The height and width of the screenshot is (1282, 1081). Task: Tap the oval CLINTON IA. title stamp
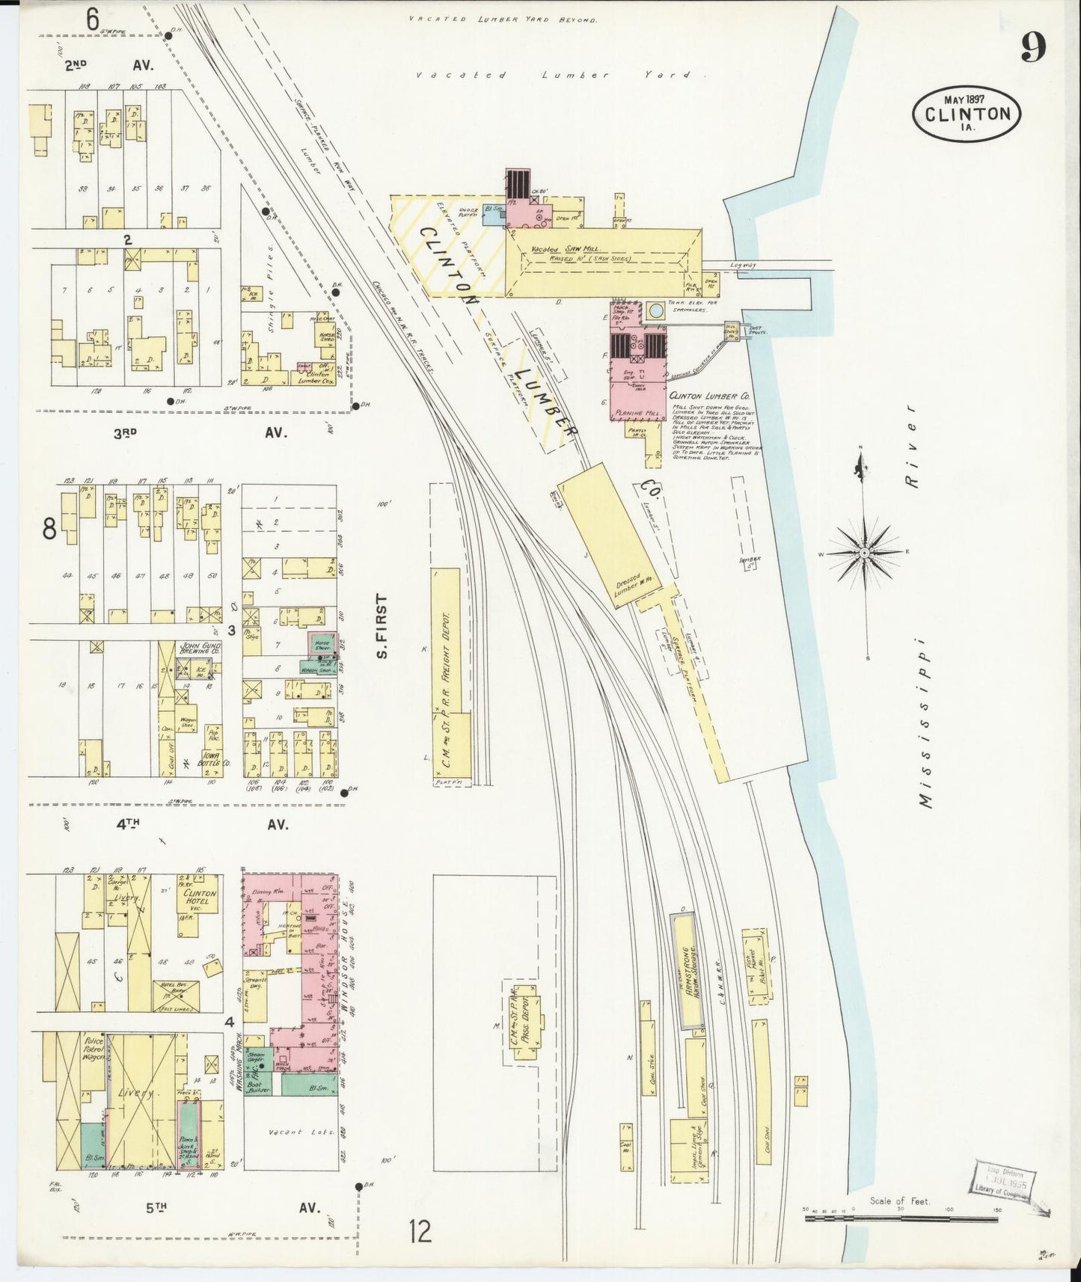(966, 113)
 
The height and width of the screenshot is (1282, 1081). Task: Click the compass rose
(865, 553)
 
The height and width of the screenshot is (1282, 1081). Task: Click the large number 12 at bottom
(420, 1230)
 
